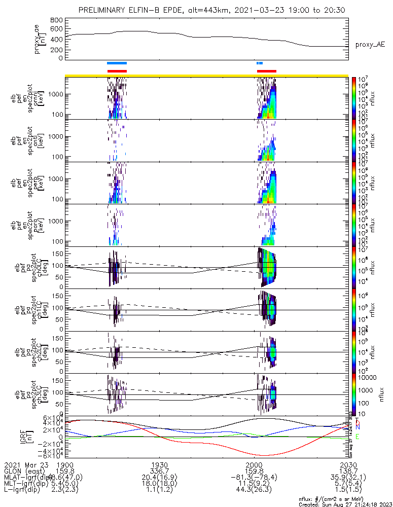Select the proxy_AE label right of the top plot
click(370, 45)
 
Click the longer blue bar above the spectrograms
click(117, 63)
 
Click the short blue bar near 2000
click(260, 63)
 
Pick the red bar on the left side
click(117, 71)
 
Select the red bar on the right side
click(267, 71)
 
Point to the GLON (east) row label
click(25, 471)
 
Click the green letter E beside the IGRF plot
click(358, 437)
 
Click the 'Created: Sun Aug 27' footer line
click(345, 504)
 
